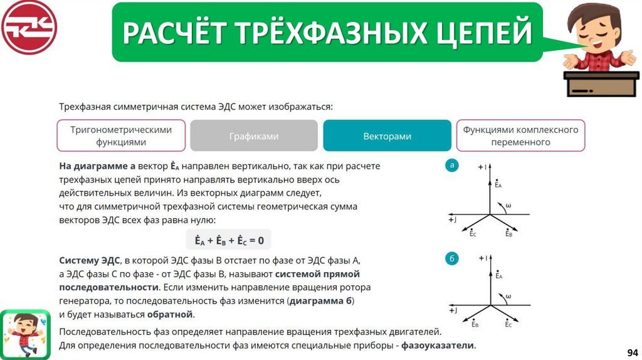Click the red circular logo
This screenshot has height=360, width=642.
click(29, 28)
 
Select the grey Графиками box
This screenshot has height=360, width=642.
click(253, 136)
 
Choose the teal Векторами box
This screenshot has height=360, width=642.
click(387, 136)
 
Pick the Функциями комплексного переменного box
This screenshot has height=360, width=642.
click(520, 135)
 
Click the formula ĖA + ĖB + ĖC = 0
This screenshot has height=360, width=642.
click(229, 240)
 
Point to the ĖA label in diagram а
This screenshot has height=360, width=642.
click(498, 184)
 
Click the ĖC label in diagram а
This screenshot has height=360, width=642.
click(472, 233)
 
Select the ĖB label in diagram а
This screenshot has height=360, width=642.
click(509, 233)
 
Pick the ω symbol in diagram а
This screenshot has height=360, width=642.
click(508, 204)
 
